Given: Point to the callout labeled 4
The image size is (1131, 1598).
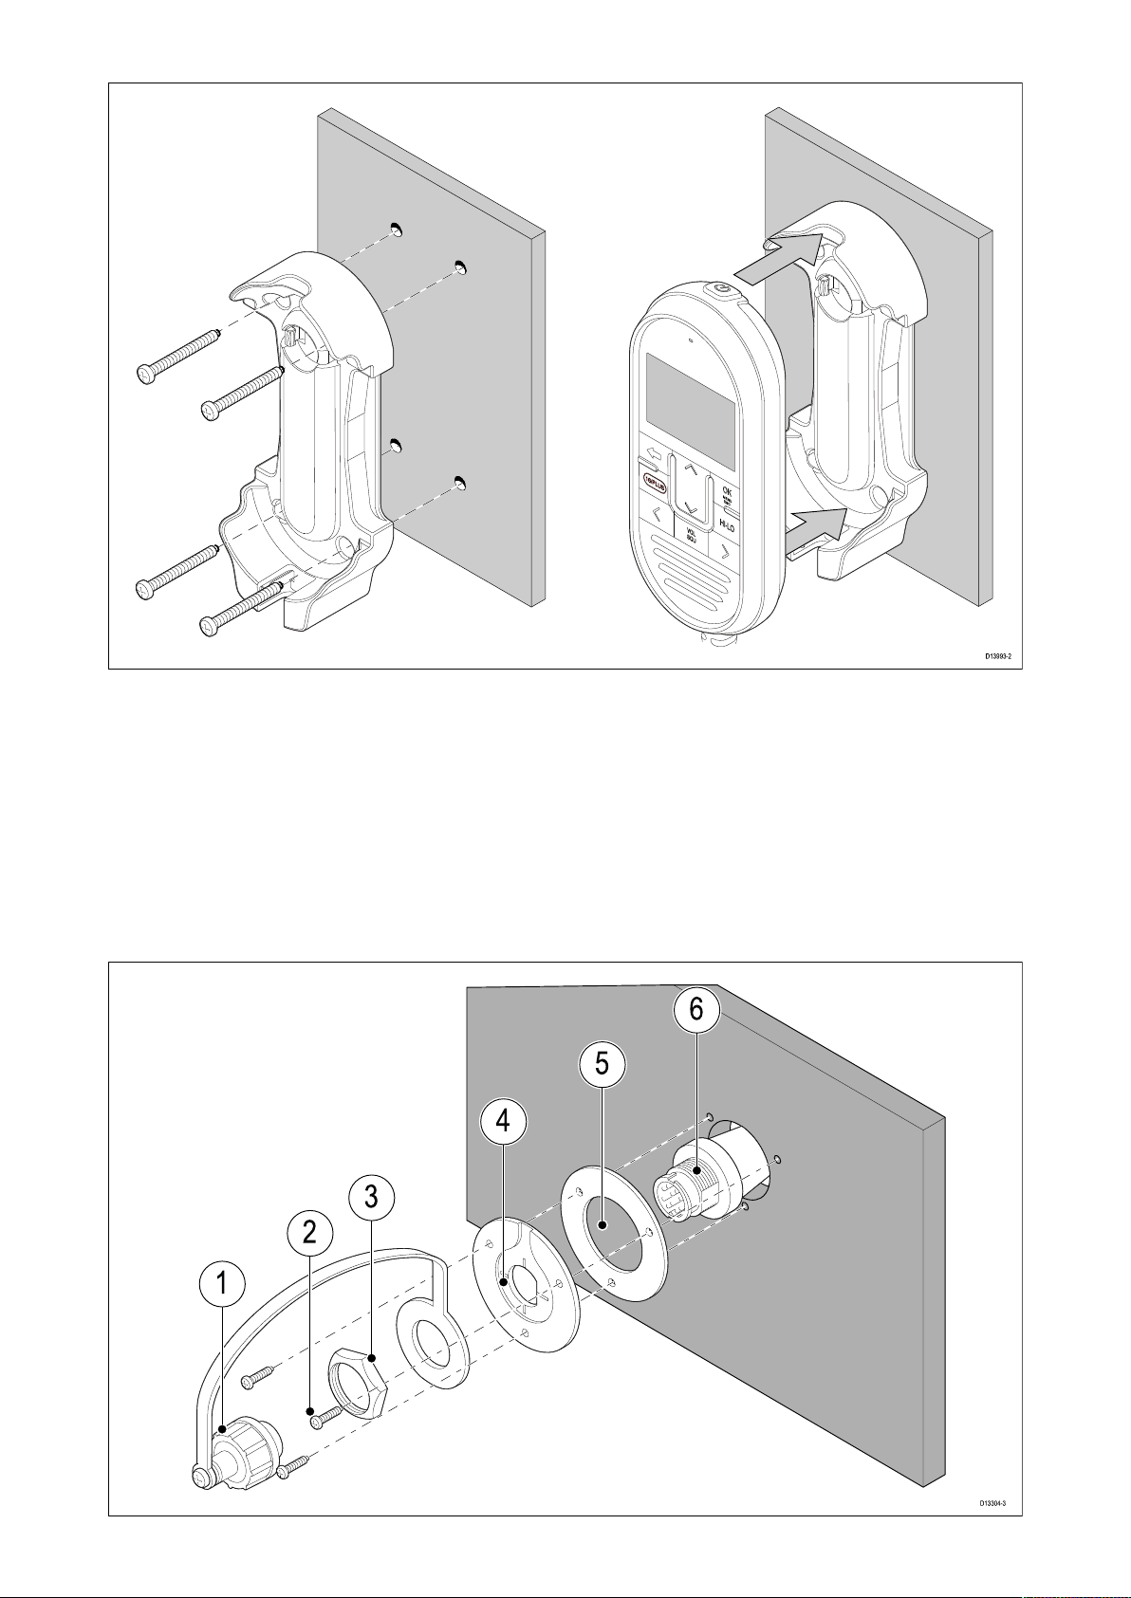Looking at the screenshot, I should (x=503, y=1121).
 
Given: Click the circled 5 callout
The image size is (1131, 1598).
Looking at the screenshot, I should (x=602, y=1064).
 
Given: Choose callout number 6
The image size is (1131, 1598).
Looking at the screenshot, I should (x=696, y=1011).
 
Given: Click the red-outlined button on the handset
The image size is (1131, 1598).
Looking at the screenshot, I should (x=654, y=481).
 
